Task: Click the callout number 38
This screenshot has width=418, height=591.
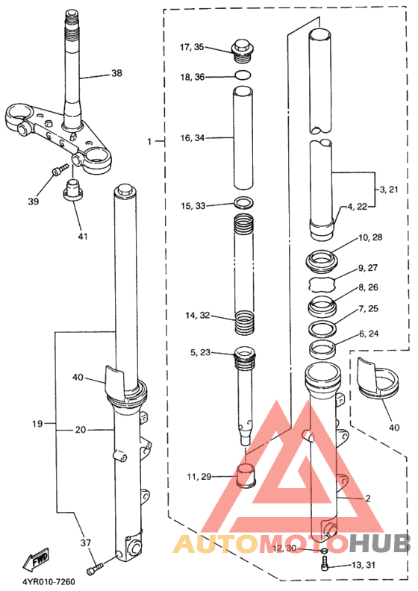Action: pos(116,73)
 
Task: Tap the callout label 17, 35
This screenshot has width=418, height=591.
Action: pos(192,47)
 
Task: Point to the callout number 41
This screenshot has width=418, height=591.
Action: pos(82,237)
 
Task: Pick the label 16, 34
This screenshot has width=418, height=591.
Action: pos(192,138)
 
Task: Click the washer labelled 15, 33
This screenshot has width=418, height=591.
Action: pos(243,203)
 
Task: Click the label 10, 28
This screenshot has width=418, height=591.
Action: pos(370,237)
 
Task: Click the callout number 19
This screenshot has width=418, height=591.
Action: pos(38,424)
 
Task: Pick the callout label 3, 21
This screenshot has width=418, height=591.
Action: pos(388,190)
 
